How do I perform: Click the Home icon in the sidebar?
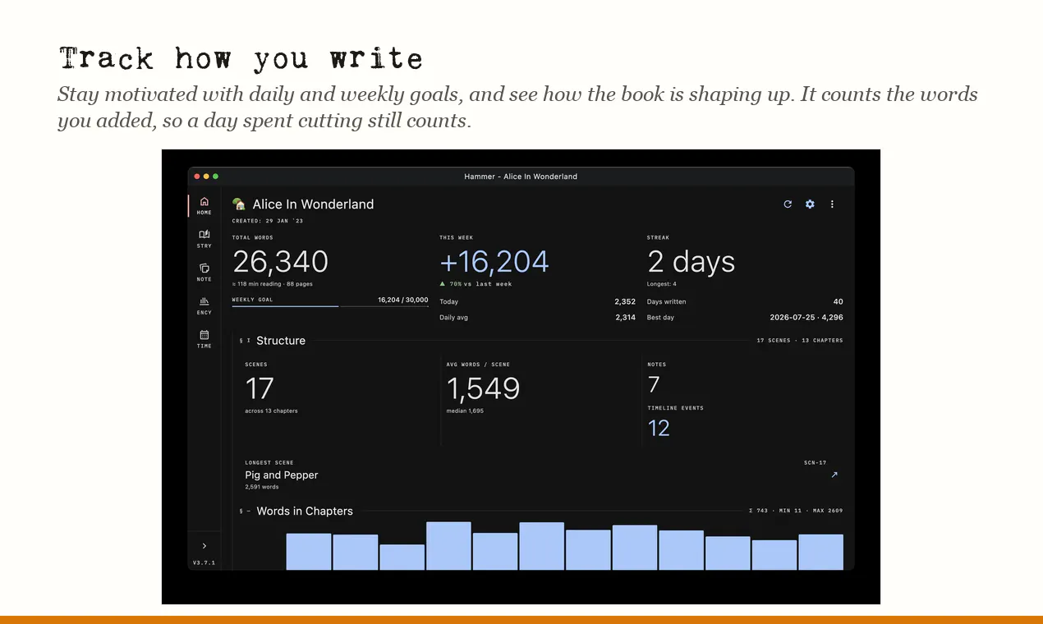[x=204, y=202]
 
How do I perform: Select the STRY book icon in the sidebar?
[x=204, y=234]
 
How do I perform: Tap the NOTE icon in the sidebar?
[x=204, y=268]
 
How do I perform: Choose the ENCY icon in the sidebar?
[x=204, y=301]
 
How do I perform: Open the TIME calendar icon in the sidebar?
[x=204, y=335]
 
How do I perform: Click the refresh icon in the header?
[x=788, y=204]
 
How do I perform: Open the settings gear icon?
[x=810, y=204]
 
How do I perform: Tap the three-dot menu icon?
[x=832, y=204]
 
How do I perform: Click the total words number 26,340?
[x=280, y=261]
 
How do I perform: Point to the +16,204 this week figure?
[x=494, y=261]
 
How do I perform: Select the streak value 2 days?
[x=691, y=261]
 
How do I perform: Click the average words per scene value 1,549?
[x=483, y=388]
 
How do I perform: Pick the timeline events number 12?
[x=659, y=428]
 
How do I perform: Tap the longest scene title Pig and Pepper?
[x=281, y=475]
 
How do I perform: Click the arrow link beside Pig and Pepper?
[x=834, y=475]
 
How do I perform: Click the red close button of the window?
[x=197, y=177]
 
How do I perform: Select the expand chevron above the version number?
[x=204, y=546]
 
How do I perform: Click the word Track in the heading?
[x=106, y=59]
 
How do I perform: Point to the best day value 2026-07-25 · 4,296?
[x=806, y=317]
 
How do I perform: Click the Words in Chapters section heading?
[x=305, y=511]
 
